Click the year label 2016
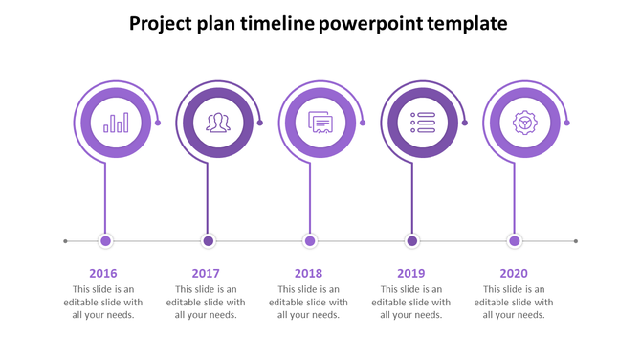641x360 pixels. [103, 273]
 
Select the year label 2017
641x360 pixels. [206, 273]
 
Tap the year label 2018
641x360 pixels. [309, 273]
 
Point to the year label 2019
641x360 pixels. [411, 273]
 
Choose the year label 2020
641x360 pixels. [514, 273]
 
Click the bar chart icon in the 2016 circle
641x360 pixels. [116, 123]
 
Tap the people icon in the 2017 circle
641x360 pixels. [218, 123]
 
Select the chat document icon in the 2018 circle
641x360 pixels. [320, 123]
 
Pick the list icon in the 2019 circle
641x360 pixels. [422, 123]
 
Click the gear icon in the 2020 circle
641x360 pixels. [524, 123]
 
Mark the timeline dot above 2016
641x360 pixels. [106, 241]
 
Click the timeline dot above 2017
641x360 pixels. [209, 241]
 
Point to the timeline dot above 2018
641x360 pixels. [310, 241]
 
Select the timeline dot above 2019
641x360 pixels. [412, 241]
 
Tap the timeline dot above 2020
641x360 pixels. [515, 241]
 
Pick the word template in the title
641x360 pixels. [466, 23]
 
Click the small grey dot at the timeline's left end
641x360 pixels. [65, 241]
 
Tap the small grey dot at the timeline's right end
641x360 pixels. [576, 241]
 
